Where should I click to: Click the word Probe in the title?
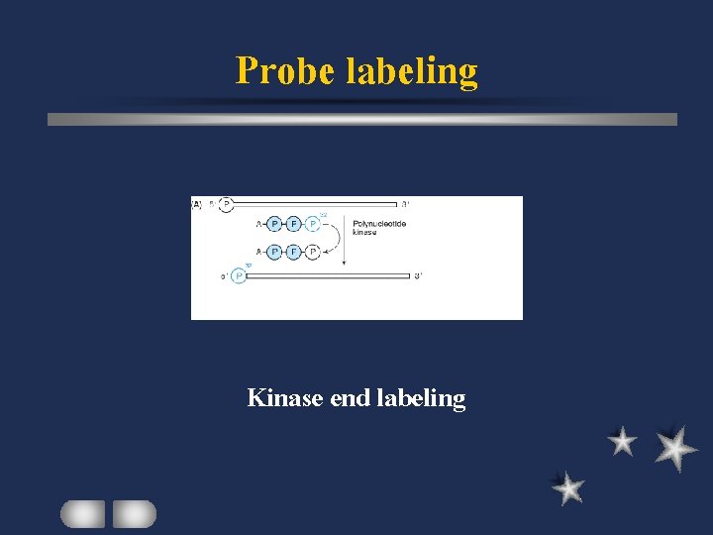click(285, 71)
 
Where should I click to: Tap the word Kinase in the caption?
click(282, 398)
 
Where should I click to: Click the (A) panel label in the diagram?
click(197, 205)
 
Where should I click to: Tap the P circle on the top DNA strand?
click(226, 205)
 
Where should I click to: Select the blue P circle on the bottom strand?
click(238, 275)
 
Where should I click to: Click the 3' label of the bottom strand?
click(418, 275)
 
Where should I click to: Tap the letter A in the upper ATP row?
click(258, 224)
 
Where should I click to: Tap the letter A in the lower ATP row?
click(258, 252)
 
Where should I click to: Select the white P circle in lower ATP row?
click(313, 252)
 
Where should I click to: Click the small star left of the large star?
click(622, 442)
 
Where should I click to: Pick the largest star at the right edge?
click(674, 448)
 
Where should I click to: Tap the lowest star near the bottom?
click(568, 488)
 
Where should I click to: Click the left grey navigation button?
click(82, 513)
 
